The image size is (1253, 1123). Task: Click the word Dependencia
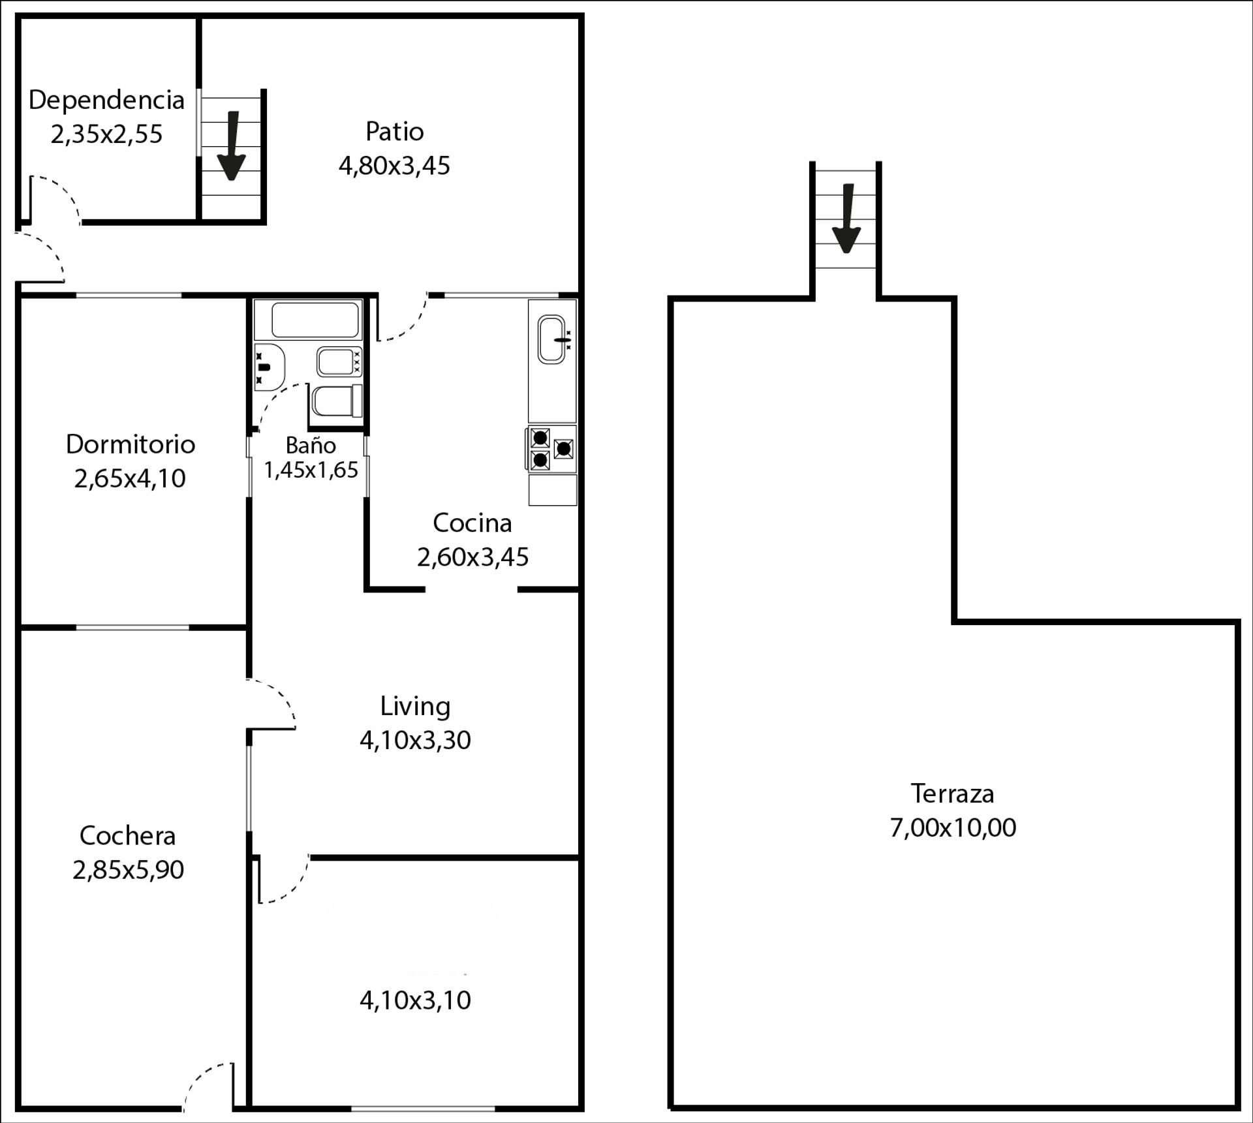106,100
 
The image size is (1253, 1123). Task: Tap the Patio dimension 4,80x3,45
394,166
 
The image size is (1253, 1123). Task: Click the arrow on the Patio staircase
232,146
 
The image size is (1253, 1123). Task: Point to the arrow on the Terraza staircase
847,218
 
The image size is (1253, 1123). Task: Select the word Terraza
952,793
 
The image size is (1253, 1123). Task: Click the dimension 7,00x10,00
953,827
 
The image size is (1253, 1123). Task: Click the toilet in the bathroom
337,401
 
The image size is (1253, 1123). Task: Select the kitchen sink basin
552,339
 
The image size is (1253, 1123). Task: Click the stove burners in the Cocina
551,449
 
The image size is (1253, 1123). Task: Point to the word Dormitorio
131,444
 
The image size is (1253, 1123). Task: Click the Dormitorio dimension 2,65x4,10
130,479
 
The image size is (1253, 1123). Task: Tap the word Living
415,706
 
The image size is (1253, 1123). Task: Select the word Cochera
127,836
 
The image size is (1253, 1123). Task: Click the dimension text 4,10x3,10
415,1000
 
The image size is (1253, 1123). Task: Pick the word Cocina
472,523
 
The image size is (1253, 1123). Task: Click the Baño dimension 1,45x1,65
311,470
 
